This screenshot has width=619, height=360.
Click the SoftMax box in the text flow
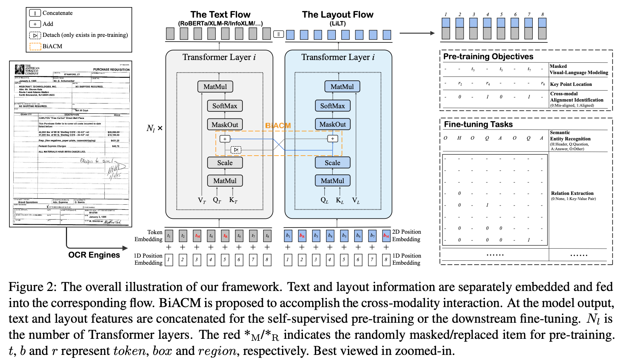(225, 106)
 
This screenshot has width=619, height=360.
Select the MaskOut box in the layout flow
(333, 124)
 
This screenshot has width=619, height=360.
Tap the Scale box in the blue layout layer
(333, 163)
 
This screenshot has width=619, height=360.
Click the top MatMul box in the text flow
(215, 87)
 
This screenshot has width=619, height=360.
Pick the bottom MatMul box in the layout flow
(333, 181)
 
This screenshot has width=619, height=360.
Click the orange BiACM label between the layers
(278, 125)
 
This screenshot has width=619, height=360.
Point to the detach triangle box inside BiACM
(236, 150)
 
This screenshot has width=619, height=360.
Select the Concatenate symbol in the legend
(35, 13)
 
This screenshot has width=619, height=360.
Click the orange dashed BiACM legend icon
(35, 46)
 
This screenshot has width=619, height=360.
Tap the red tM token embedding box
(197, 236)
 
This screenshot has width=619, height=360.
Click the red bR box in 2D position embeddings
(302, 236)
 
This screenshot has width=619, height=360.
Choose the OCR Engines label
(94, 255)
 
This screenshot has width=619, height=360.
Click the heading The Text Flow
(220, 15)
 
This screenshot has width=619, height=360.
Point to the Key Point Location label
(571, 84)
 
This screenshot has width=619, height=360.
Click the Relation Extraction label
(572, 193)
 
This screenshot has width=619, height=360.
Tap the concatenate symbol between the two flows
(279, 34)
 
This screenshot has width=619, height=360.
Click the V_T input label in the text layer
(202, 200)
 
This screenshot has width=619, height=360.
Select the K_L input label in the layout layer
(340, 200)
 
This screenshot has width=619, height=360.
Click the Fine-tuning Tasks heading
(478, 124)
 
